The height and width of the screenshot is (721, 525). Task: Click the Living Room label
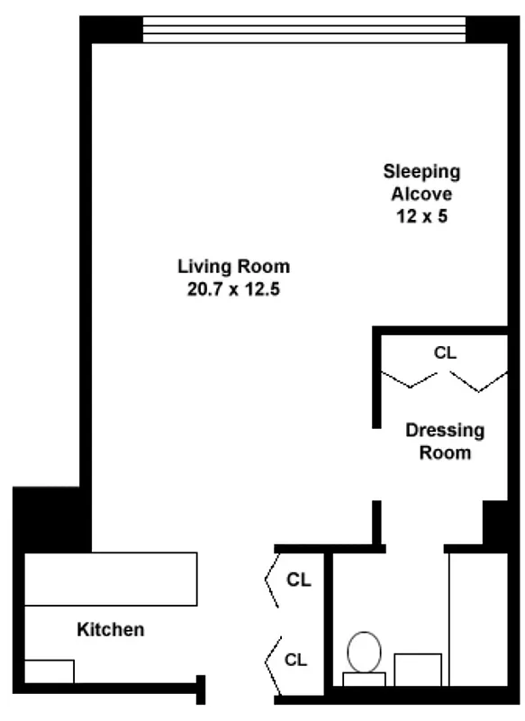[233, 266]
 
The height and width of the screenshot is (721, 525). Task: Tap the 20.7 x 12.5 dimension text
[233, 289]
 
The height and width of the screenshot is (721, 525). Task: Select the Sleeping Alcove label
[421, 182]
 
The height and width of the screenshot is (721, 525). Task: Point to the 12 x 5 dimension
[421, 216]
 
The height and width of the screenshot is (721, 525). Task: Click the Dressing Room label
[445, 441]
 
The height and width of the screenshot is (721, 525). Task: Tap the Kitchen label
[110, 629]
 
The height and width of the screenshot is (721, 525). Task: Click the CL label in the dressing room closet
[445, 352]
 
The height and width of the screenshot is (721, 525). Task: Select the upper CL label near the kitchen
[298, 580]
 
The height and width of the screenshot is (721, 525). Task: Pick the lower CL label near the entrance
[296, 660]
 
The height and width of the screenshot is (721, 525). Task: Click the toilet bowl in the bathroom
[364, 652]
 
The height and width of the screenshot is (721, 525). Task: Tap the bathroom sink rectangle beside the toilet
[418, 669]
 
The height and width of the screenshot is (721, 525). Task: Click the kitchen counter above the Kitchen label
[110, 579]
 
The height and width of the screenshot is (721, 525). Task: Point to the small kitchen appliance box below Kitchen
[49, 671]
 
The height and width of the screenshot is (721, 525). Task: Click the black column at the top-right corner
[493, 30]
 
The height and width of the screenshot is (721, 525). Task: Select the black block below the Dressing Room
[495, 523]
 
